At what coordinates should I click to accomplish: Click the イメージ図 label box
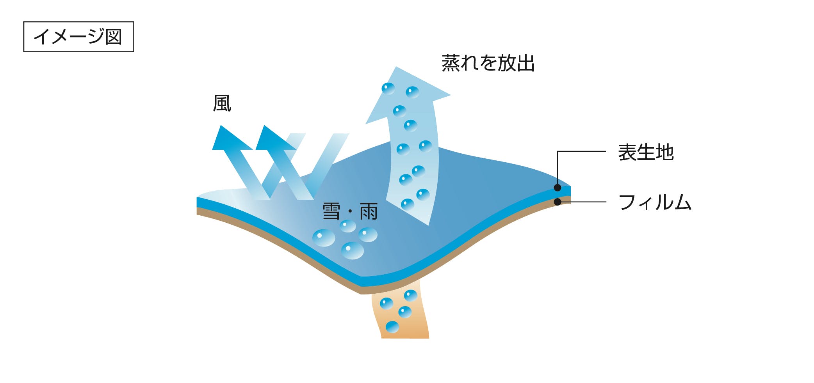pyautogui.click(x=78, y=37)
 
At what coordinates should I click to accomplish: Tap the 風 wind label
pyautogui.click(x=222, y=103)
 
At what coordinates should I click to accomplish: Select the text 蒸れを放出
pyautogui.click(x=488, y=63)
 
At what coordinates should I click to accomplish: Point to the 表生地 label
pyautogui.click(x=646, y=152)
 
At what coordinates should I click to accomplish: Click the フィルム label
pyautogui.click(x=655, y=202)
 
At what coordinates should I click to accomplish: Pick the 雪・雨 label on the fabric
pyautogui.click(x=350, y=211)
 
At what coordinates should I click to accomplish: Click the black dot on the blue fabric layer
pyautogui.click(x=558, y=188)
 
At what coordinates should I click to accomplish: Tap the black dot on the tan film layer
pyautogui.click(x=558, y=202)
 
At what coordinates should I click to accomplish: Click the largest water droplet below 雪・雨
pyautogui.click(x=353, y=250)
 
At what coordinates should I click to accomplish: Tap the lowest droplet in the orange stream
pyautogui.click(x=392, y=327)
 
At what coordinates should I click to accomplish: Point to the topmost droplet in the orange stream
pyautogui.click(x=410, y=296)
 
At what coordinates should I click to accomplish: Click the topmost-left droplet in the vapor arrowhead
pyautogui.click(x=388, y=89)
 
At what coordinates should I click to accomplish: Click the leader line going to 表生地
pyautogui.click(x=582, y=151)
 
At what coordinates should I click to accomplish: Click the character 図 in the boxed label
pyautogui.click(x=114, y=37)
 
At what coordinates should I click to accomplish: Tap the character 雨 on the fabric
pyautogui.click(x=369, y=211)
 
